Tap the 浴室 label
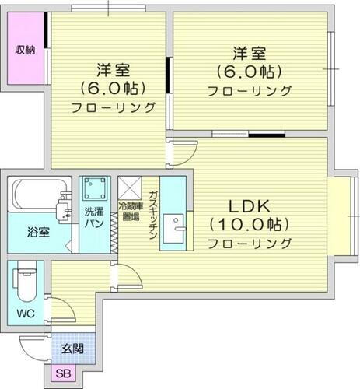[38, 232]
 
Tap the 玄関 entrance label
[74, 348]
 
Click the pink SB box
[62, 374]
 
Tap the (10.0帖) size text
[249, 225]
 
